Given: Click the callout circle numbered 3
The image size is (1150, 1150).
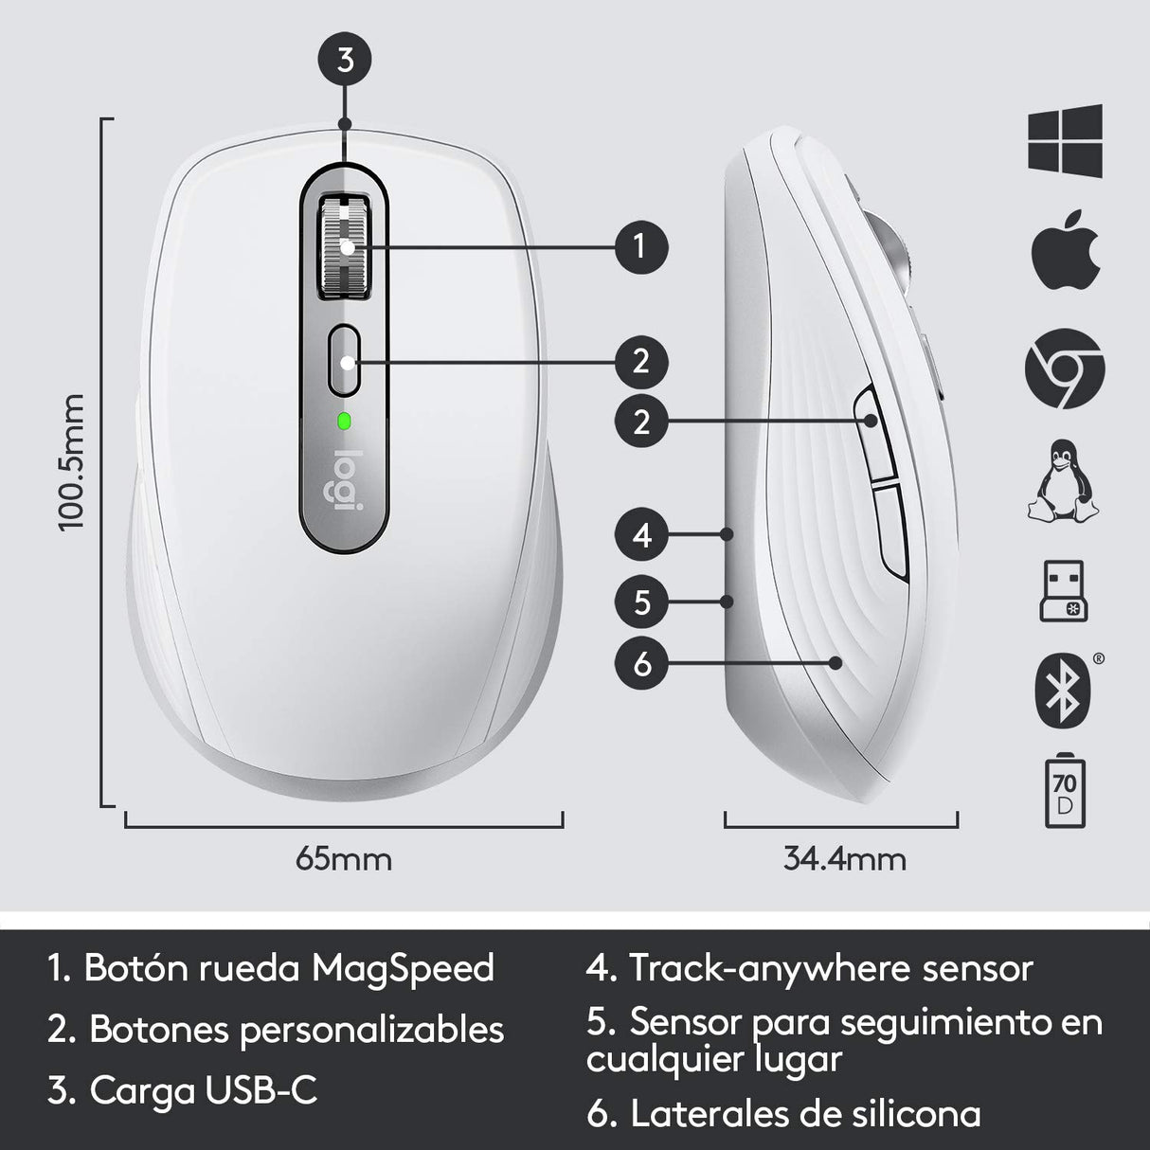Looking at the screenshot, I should (346, 61).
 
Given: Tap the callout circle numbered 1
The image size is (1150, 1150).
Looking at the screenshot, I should (641, 246).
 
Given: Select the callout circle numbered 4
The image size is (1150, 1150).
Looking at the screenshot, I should (642, 535).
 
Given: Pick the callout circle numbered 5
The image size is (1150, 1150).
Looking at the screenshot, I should (642, 602).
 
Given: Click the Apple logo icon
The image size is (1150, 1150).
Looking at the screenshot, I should (1065, 254).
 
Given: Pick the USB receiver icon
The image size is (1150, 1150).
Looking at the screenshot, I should (1064, 594).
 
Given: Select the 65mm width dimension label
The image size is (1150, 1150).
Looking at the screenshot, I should (344, 859).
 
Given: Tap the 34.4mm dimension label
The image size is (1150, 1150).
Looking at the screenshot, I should (844, 859).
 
